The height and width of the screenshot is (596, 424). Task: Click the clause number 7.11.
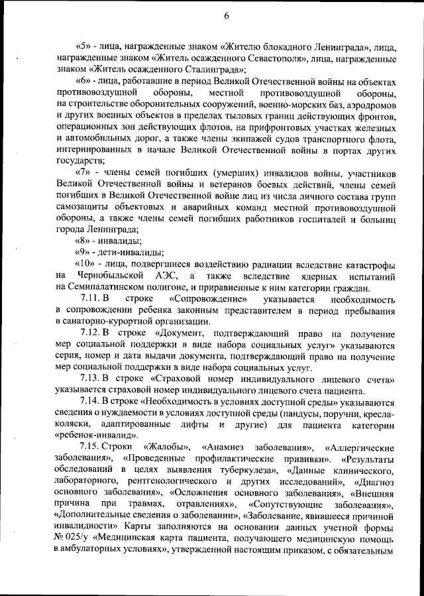89,300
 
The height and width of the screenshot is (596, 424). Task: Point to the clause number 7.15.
89,447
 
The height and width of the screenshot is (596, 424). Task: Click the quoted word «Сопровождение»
210,300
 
